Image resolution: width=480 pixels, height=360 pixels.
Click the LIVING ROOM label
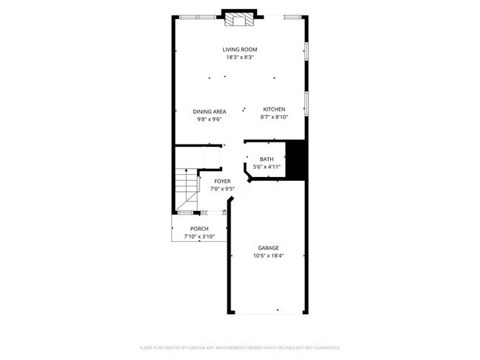pyautogui.click(x=240, y=49)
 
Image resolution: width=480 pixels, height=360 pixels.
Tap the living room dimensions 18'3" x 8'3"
pyautogui.click(x=240, y=57)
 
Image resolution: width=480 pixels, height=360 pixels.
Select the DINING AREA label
pyautogui.click(x=209, y=111)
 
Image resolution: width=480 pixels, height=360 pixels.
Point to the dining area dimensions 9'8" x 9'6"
pyautogui.click(x=209, y=119)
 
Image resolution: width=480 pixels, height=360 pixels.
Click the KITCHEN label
pyautogui.click(x=274, y=109)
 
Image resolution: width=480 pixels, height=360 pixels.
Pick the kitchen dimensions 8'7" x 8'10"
pyautogui.click(x=274, y=117)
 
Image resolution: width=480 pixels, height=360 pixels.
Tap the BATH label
pyautogui.click(x=267, y=159)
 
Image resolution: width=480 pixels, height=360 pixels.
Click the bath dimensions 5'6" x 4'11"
pyautogui.click(x=267, y=167)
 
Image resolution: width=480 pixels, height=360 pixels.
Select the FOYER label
pyautogui.click(x=222, y=181)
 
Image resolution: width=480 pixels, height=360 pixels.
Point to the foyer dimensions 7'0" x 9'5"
pyautogui.click(x=222, y=189)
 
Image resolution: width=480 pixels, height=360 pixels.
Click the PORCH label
pyautogui.click(x=199, y=229)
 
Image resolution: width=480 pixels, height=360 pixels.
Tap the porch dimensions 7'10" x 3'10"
pyautogui.click(x=199, y=237)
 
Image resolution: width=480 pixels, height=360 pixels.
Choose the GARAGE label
pyautogui.click(x=268, y=248)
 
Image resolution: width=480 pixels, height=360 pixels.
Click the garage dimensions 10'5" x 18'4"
pyautogui.click(x=268, y=256)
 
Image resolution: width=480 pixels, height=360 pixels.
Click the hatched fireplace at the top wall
pyautogui.click(x=239, y=20)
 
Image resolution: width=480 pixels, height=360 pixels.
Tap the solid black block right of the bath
pyautogui.click(x=296, y=159)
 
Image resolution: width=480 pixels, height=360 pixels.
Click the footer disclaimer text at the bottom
pyautogui.click(x=240, y=347)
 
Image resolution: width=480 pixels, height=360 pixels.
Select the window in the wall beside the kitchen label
pyautogui.click(x=306, y=103)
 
